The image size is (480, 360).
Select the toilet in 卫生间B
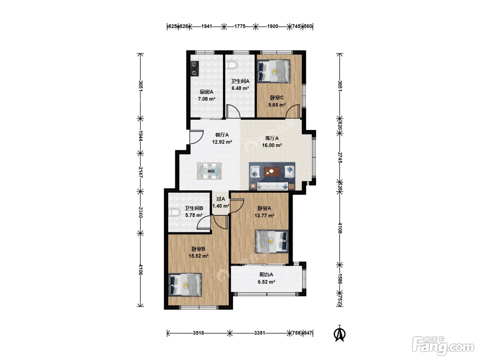pos(174,212)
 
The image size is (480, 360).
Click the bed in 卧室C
pos(274,71)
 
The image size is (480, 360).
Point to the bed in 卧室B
pos(185,285)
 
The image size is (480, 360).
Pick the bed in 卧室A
pos(272,241)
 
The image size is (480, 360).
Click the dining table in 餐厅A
pos(209,171)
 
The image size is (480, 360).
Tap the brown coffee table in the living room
pos(272,171)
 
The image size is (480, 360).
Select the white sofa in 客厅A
pos(273,186)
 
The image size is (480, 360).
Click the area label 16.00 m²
pos(272,145)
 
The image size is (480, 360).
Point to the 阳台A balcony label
pos(266,275)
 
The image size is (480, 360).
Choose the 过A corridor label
pos(220,199)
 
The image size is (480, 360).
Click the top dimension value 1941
pos(207,26)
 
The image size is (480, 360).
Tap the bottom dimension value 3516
pos(198,333)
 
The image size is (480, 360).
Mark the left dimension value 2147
pos(141,172)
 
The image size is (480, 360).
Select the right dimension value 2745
pos(340,158)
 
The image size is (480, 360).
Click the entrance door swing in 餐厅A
pos(196,137)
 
